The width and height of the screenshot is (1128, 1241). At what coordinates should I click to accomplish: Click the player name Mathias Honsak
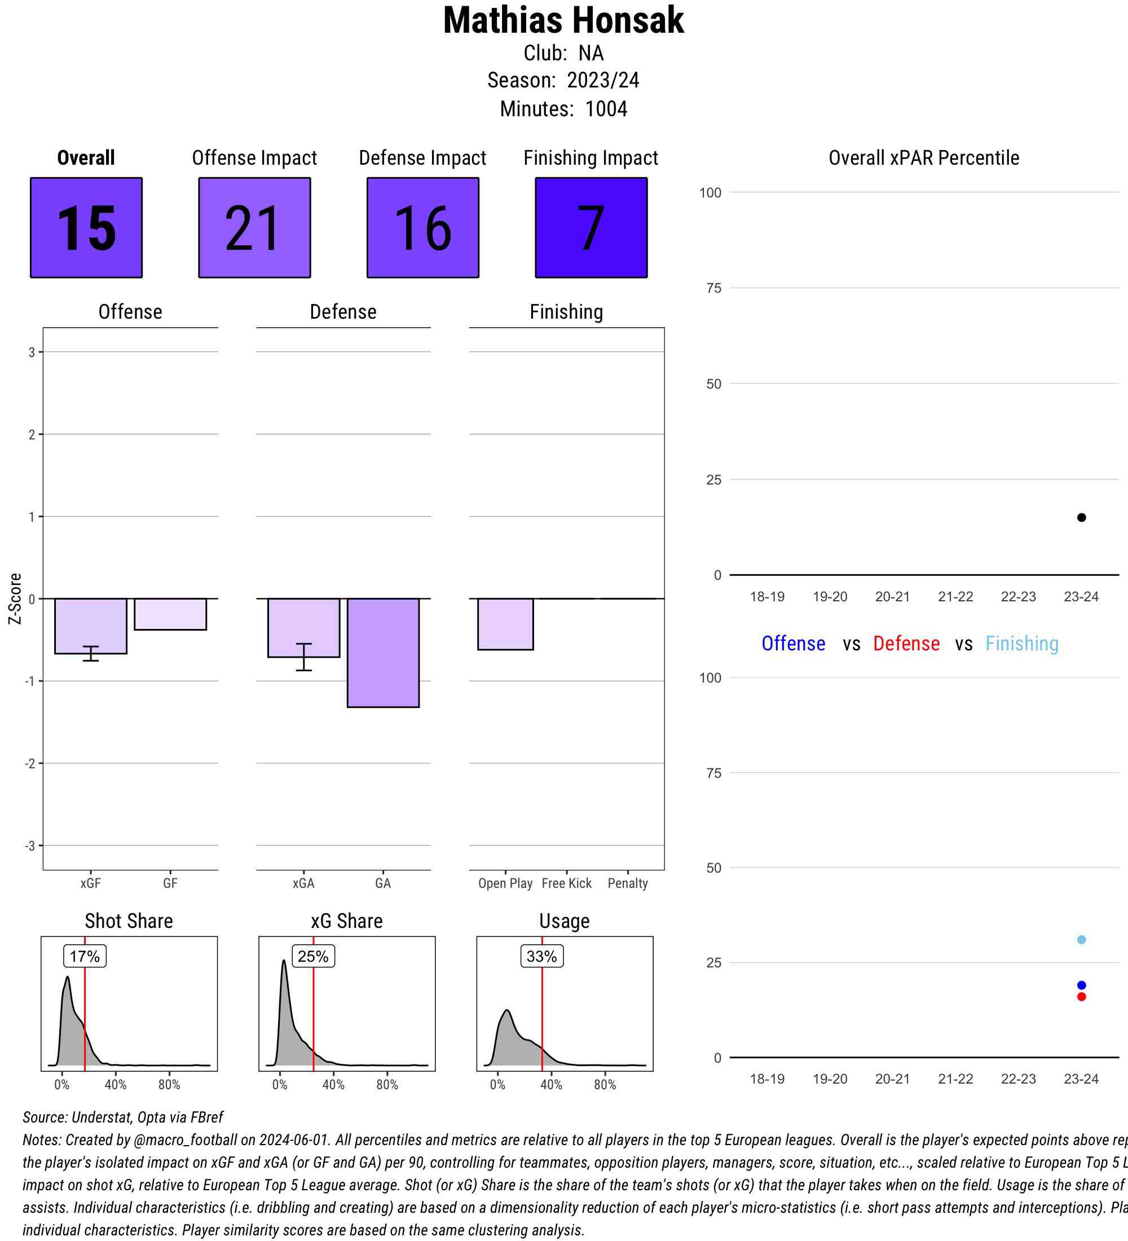coord(563,20)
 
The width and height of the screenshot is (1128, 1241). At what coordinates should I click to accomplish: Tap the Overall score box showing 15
coord(86,228)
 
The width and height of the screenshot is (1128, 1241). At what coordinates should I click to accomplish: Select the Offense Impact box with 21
coord(254,228)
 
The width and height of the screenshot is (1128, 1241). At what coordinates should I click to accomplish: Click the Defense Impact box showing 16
coord(423,228)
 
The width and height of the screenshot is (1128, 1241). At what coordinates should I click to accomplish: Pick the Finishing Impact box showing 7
coord(591,228)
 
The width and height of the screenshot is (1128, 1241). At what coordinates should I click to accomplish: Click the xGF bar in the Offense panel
coord(90,626)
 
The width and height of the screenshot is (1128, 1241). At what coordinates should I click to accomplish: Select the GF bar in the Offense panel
coord(170,614)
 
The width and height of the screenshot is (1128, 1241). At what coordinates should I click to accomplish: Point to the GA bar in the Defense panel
coord(383,653)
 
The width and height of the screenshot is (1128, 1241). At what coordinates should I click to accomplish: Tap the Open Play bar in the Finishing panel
coord(505,623)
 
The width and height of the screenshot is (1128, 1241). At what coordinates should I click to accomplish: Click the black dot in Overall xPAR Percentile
coord(1081,518)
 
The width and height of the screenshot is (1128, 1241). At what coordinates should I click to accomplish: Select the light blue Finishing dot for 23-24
coord(1081,939)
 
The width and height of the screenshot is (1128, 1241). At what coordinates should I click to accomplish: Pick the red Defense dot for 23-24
coord(1081,997)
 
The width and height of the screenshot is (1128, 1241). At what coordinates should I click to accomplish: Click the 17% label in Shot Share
coord(85,956)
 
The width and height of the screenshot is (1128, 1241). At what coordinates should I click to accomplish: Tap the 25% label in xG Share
coord(313,956)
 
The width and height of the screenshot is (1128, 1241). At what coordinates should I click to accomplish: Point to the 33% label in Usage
coord(541,956)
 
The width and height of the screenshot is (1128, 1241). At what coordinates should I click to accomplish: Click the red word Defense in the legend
coord(906,643)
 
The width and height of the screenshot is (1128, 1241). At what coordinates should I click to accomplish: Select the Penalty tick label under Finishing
coord(628,883)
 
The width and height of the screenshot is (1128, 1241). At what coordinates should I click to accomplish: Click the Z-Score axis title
coord(15,599)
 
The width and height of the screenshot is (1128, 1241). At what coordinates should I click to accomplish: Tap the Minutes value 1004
coord(606,109)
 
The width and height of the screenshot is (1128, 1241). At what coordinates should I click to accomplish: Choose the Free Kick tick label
coord(566,883)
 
